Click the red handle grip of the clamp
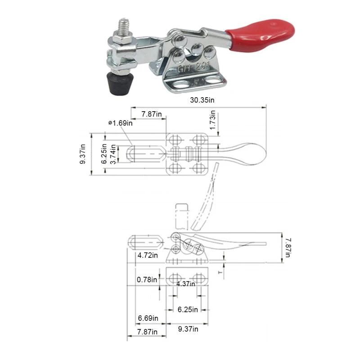(261, 36)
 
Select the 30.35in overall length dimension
(202, 100)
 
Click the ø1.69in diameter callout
(121, 123)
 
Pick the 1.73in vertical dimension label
(212, 120)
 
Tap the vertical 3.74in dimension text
(113, 154)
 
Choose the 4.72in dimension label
(148, 255)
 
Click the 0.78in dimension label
(147, 279)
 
